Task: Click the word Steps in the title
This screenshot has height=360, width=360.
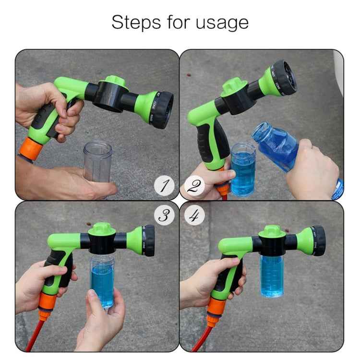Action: click(x=132, y=23)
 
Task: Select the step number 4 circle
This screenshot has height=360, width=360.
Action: click(x=194, y=216)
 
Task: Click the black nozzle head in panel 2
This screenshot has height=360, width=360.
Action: click(x=284, y=77)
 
